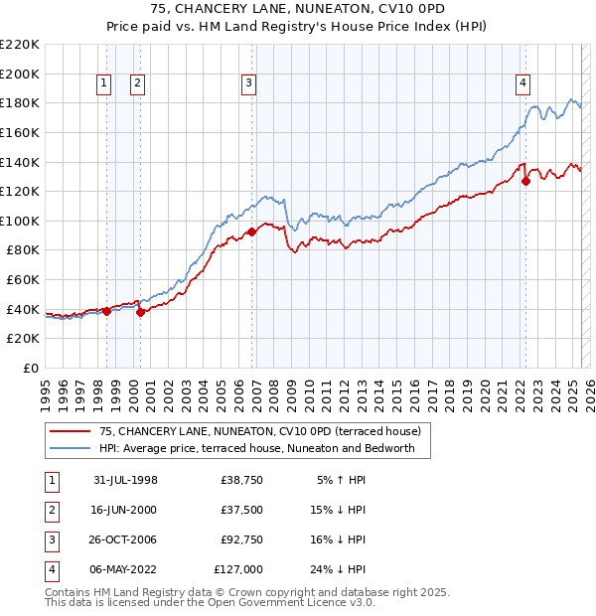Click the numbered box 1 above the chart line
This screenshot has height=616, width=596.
(x=104, y=84)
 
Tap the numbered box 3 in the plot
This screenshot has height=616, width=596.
(x=248, y=84)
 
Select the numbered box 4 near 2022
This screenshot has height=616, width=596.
(x=521, y=84)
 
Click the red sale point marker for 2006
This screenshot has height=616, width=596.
(x=252, y=231)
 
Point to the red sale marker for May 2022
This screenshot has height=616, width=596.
(x=525, y=181)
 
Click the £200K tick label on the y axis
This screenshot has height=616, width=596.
(x=22, y=74)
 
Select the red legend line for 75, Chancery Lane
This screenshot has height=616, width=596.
(x=70, y=431)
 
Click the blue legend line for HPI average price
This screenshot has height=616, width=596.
(x=70, y=449)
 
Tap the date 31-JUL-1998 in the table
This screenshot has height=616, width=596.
(x=125, y=481)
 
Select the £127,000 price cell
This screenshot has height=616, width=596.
(x=238, y=570)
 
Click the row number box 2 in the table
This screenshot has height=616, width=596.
(x=50, y=511)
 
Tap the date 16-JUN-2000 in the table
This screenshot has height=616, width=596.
(x=125, y=511)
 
